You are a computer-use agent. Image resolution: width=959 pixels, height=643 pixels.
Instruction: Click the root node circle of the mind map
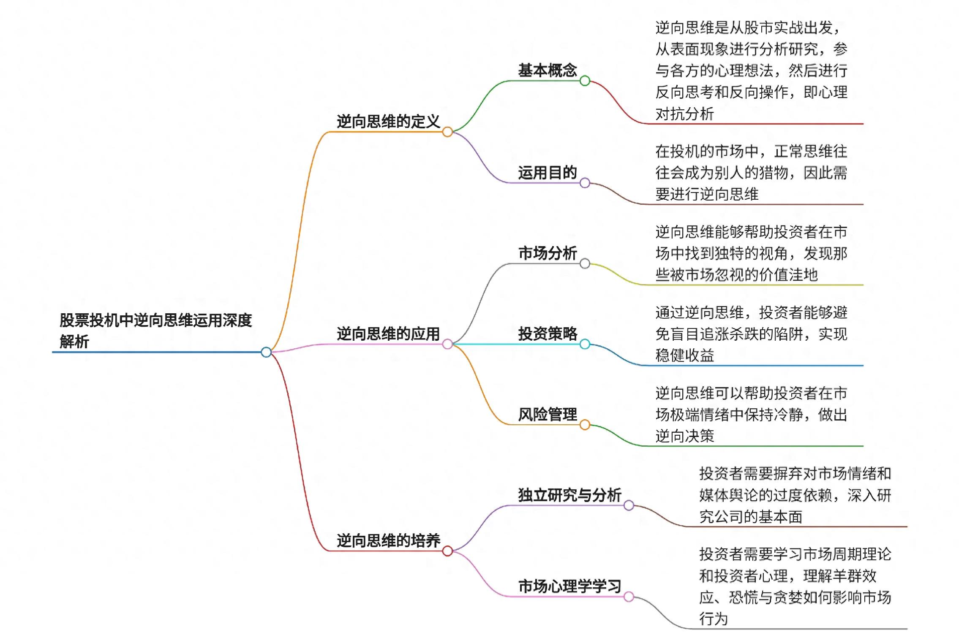pyautogui.click(x=266, y=352)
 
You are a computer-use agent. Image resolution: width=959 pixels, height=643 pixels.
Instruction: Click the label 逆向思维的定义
pyautogui.click(x=388, y=122)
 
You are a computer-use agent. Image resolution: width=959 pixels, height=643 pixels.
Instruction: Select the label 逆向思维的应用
pyautogui.click(x=388, y=334)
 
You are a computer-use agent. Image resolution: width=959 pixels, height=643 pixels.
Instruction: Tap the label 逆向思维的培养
pyautogui.click(x=388, y=540)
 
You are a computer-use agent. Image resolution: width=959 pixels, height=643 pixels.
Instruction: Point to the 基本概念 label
pyautogui.click(x=547, y=70)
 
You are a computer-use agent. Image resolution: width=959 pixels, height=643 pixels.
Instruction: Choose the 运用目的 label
pyautogui.click(x=547, y=173)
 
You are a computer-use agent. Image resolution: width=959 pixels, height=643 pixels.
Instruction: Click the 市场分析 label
pyautogui.click(x=547, y=253)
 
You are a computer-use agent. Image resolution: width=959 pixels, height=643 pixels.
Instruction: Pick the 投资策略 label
pyautogui.click(x=547, y=334)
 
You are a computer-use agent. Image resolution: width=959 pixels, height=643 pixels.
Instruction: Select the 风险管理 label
pyautogui.click(x=547, y=415)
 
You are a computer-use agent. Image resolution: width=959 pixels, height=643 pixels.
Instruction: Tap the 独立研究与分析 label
pyautogui.click(x=569, y=495)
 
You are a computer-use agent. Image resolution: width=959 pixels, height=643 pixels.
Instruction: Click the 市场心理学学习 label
pyautogui.click(x=569, y=586)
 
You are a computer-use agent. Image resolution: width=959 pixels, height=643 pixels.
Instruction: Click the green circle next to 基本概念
pyautogui.click(x=585, y=81)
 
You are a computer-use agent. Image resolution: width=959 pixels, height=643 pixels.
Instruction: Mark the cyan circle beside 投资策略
pyautogui.click(x=585, y=344)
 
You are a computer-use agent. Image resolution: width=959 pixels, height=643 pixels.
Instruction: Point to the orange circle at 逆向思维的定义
pyautogui.click(x=447, y=132)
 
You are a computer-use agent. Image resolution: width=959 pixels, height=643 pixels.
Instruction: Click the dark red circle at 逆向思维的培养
pyautogui.click(x=447, y=551)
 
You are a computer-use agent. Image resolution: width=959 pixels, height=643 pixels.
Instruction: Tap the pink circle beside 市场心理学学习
pyautogui.click(x=629, y=597)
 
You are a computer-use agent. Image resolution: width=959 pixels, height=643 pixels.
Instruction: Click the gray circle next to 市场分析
pyautogui.click(x=585, y=263)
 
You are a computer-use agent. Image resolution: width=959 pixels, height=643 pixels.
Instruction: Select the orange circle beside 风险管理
pyautogui.click(x=585, y=425)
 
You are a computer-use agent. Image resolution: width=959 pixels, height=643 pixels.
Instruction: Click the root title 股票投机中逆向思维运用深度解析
pyautogui.click(x=155, y=331)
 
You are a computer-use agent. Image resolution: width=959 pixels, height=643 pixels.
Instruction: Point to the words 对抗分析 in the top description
pyautogui.click(x=684, y=114)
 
